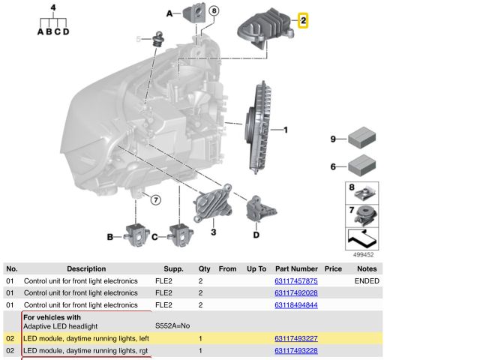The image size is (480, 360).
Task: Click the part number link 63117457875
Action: click(296, 280)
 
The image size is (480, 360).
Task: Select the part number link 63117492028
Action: click(296, 292)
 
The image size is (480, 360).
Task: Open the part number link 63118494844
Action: click(296, 305)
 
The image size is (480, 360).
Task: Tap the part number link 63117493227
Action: click(296, 338)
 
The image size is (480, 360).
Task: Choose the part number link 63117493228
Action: click(296, 350)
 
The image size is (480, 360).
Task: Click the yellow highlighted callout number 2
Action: click(303, 21)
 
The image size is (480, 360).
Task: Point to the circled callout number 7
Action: click(155, 199)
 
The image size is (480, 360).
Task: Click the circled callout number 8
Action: click(214, 10)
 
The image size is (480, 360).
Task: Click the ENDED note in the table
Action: click(367, 280)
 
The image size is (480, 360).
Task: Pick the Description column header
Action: click(86, 268)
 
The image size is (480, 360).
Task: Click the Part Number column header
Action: click(296, 268)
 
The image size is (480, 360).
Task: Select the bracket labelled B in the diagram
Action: click(136, 233)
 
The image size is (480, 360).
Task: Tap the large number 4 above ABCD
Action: click(52, 7)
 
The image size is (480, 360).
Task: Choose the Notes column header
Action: click(367, 268)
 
